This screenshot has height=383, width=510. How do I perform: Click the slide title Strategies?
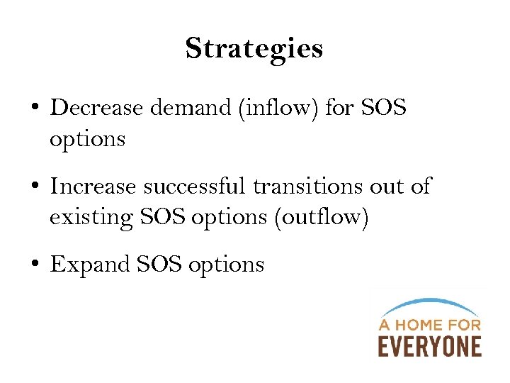pyautogui.click(x=254, y=49)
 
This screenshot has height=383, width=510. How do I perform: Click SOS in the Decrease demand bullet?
pyautogui.click(x=383, y=108)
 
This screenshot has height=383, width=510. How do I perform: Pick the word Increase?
pyautogui.click(x=93, y=187)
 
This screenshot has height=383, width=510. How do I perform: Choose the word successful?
pyautogui.click(x=195, y=187)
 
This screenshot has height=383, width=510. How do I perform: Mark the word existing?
pyautogui.click(x=91, y=218)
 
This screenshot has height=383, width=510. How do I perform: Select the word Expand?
pyautogui.click(x=88, y=265)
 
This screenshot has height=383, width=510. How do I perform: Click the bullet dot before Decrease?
pyautogui.click(x=35, y=109)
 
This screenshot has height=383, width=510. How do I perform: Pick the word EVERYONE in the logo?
pyautogui.click(x=429, y=346)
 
